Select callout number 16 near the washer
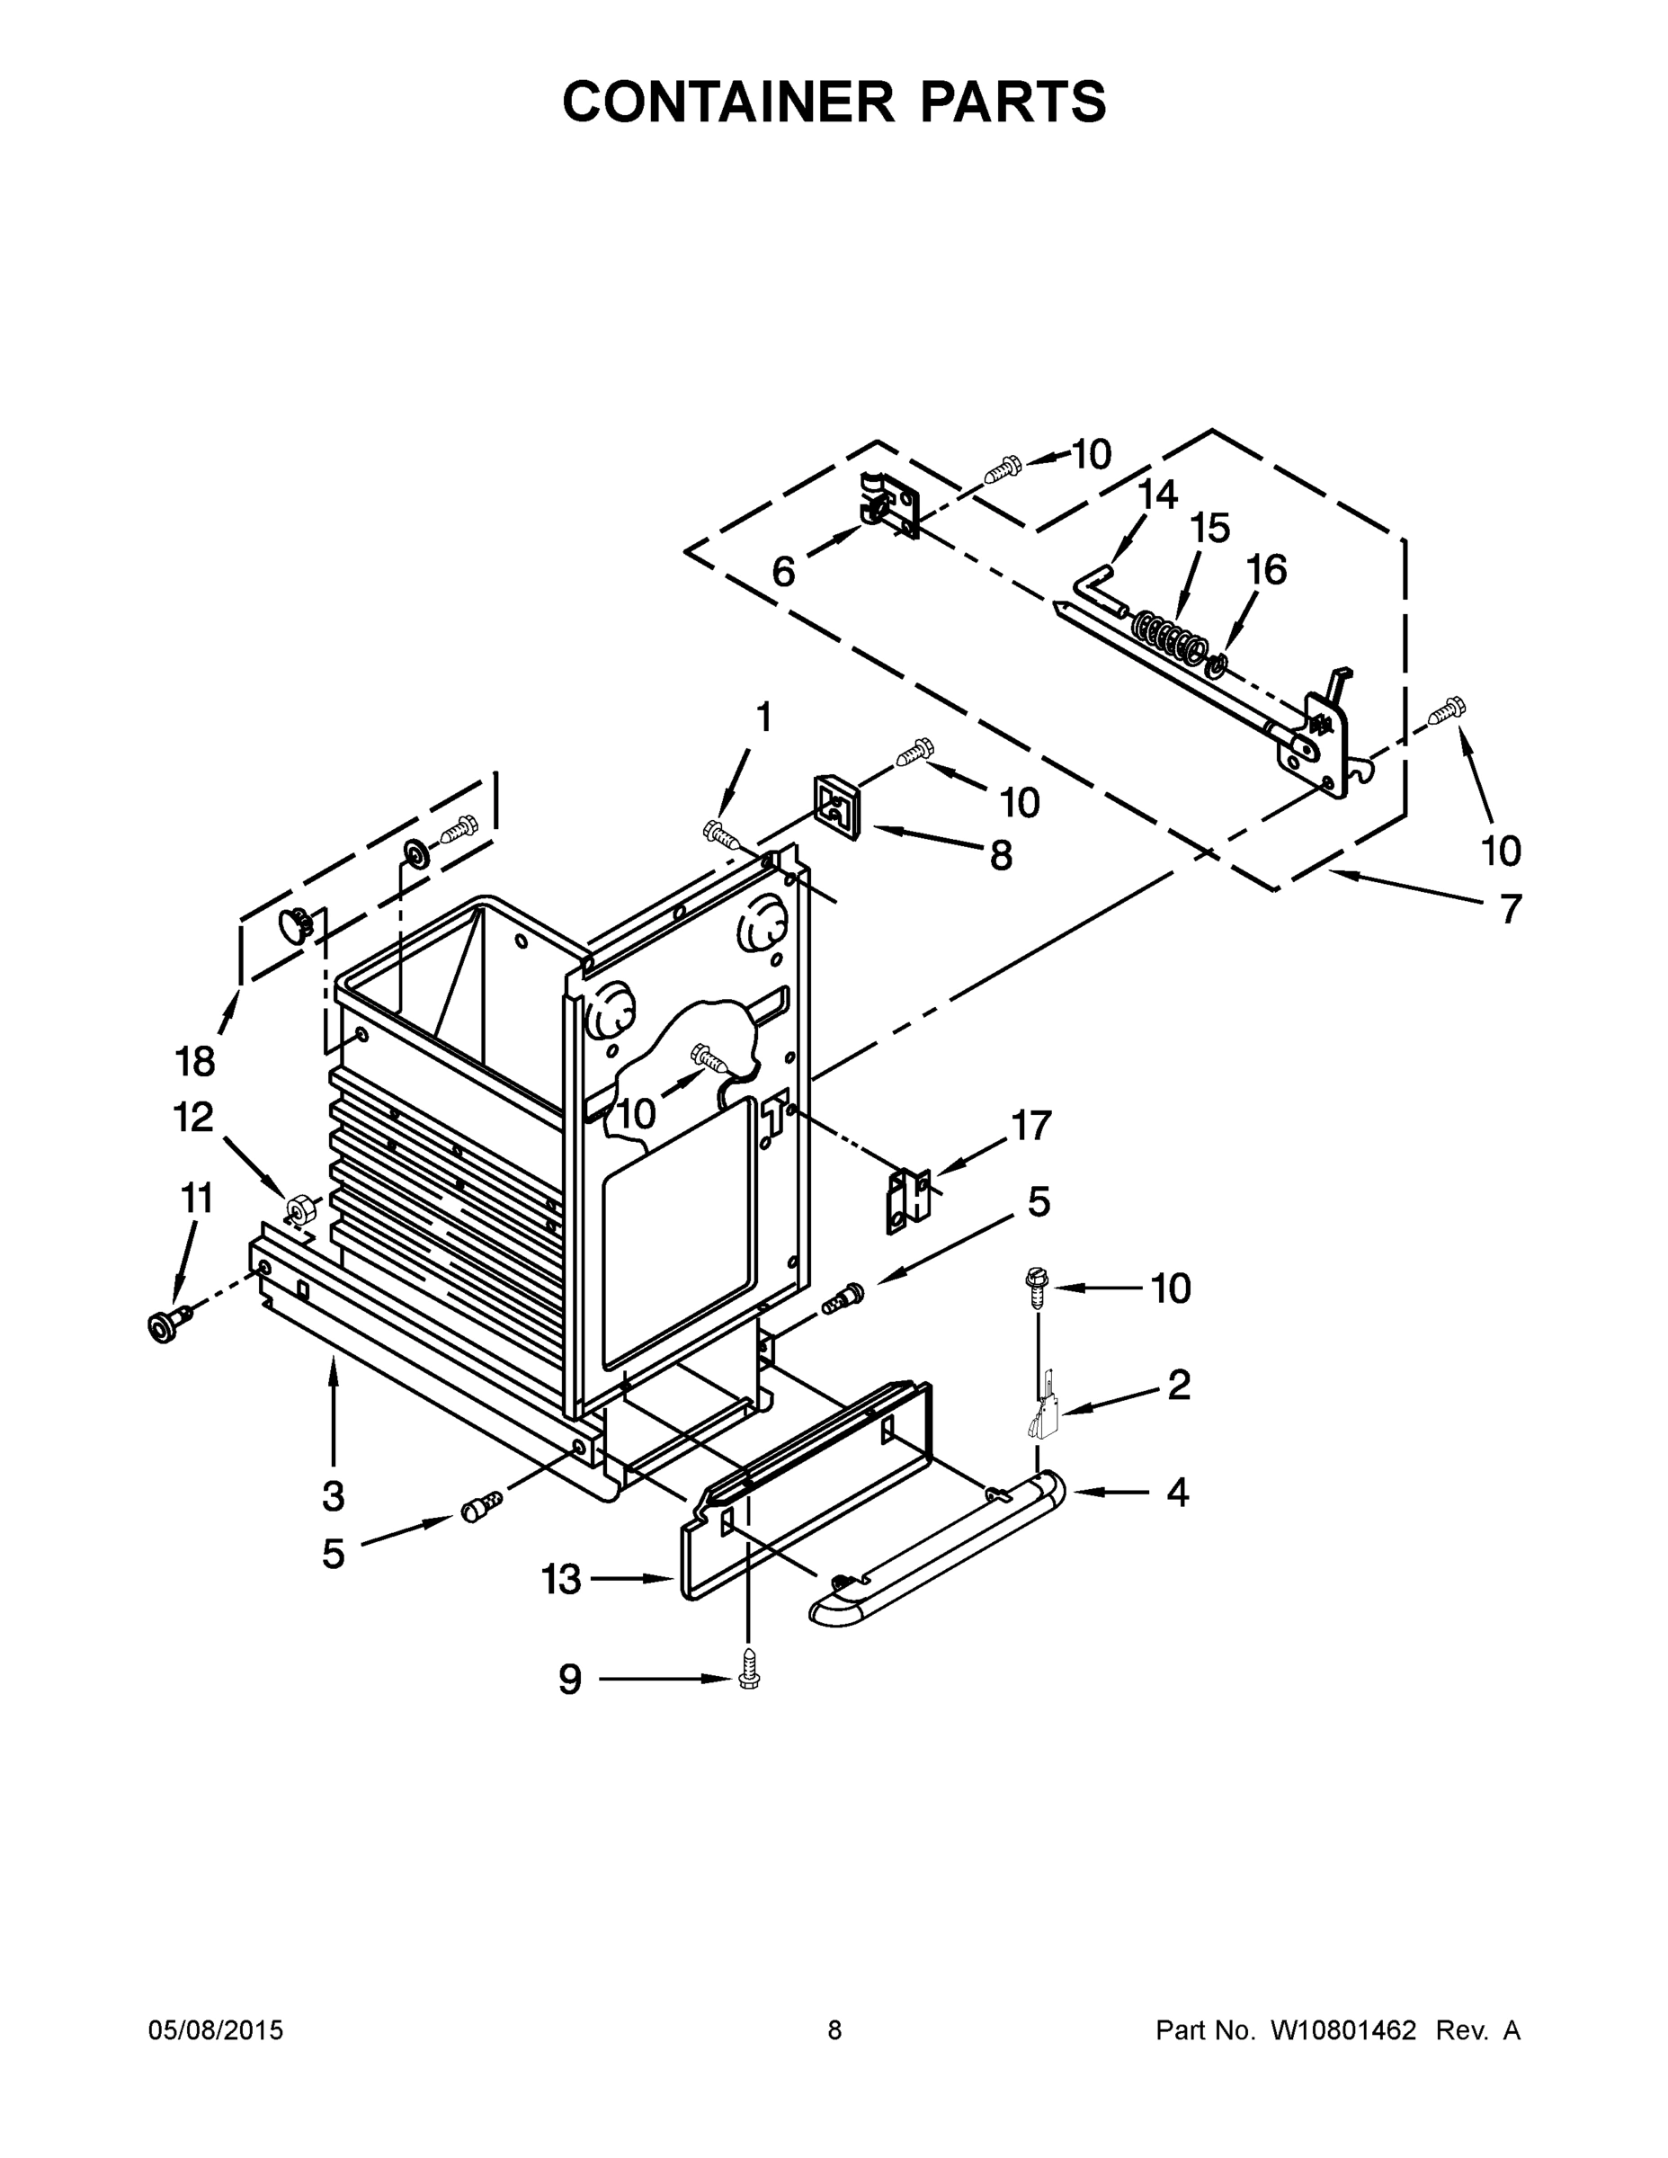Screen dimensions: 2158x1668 coord(1266,570)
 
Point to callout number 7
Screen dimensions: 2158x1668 coord(1510,908)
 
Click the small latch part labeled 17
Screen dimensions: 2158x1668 coord(908,1200)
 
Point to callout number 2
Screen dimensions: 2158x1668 coord(1178,1386)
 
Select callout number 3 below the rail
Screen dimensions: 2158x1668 coord(333,1496)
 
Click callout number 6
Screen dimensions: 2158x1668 coord(782,571)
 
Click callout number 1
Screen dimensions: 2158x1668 coord(763,718)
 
